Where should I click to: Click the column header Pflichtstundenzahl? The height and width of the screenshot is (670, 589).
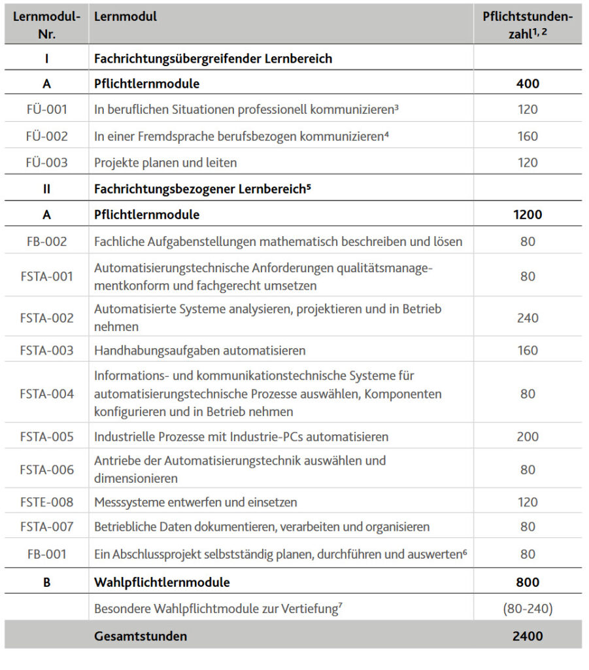[x=527, y=25]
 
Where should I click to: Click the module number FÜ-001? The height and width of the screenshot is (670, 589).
[x=46, y=109]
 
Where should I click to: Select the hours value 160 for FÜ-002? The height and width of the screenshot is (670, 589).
[x=527, y=136]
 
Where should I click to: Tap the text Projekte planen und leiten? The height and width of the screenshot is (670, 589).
[x=165, y=162]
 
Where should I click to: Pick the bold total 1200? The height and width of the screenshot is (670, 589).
[x=527, y=215]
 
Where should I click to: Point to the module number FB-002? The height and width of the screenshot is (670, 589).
[x=46, y=241]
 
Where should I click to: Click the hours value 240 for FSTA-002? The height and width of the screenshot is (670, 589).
[x=527, y=318]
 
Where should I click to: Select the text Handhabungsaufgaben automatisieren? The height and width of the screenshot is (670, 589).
[x=199, y=351]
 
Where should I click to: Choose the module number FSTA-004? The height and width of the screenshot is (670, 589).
[x=46, y=394]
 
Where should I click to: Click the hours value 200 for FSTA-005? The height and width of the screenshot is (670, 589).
[x=527, y=436]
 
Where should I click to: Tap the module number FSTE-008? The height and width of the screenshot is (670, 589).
[x=46, y=502]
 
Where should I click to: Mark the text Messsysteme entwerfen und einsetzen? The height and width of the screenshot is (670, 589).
[x=195, y=502]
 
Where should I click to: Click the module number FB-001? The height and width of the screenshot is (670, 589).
[x=46, y=554]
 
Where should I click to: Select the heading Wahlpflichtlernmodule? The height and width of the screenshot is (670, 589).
[x=161, y=582]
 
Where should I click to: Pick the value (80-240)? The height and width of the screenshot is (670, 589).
[x=527, y=609]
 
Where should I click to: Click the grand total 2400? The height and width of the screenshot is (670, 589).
[x=527, y=635]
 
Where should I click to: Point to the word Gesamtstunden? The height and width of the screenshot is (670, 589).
[x=140, y=636]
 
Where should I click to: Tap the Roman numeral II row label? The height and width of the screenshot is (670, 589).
[x=46, y=189]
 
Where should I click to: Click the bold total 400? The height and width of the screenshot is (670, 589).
[x=527, y=84]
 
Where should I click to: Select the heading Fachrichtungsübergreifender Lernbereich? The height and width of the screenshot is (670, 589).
[x=213, y=58]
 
